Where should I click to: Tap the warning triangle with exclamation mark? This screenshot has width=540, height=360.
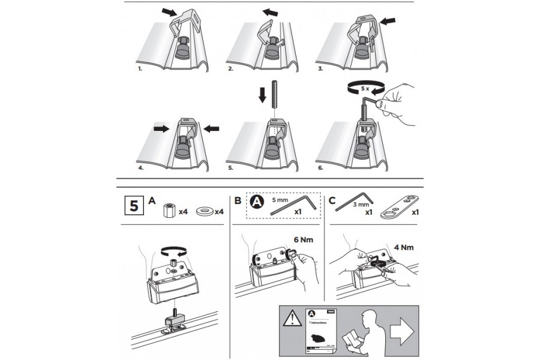292,316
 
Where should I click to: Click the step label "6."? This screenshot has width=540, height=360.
321,169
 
